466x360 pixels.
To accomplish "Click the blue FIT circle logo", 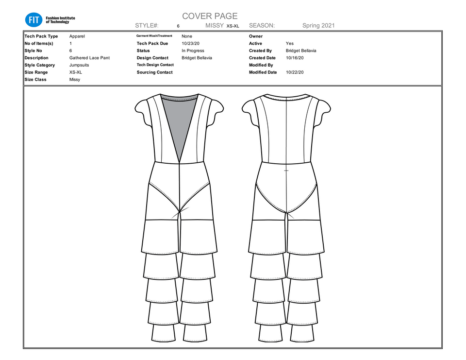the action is (x=33, y=19).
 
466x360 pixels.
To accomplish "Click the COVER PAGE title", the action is (x=210, y=17).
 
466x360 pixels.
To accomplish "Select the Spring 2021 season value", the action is (x=318, y=26).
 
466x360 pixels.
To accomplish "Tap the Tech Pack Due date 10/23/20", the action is (x=190, y=43).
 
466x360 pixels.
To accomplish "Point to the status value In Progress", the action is (x=193, y=51).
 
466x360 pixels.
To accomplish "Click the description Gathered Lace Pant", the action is (x=89, y=58).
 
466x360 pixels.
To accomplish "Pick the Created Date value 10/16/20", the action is (x=295, y=58).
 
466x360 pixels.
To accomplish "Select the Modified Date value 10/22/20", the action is (x=295, y=72).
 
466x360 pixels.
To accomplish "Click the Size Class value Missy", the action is (x=75, y=79).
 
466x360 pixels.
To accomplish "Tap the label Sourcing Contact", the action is (x=154, y=72).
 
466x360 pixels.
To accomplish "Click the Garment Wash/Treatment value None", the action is (x=186, y=36).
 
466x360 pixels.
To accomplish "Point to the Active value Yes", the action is (x=290, y=43).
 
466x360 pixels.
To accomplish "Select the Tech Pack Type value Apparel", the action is (x=77, y=36).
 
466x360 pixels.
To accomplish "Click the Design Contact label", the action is (x=153, y=58).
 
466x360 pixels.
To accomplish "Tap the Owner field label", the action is (x=256, y=36).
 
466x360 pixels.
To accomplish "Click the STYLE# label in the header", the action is (x=147, y=26).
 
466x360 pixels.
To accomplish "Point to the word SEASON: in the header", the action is (x=262, y=26).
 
